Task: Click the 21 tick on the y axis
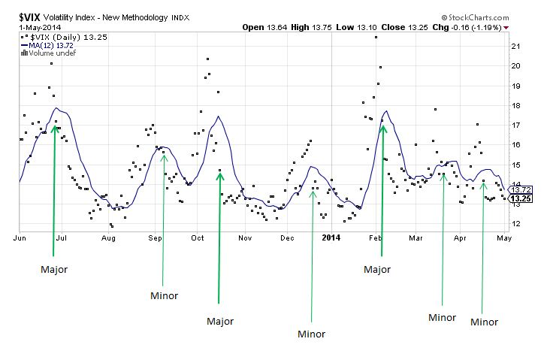pyautogui.click(x=516, y=46)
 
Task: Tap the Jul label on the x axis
pyautogui.click(x=62, y=238)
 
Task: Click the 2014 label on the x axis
pyautogui.click(x=331, y=238)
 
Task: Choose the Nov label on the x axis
pyautogui.click(x=244, y=238)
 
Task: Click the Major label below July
pyautogui.click(x=53, y=268)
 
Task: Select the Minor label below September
pyautogui.click(x=164, y=295)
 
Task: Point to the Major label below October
pyautogui.click(x=220, y=321)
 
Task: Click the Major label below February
pyautogui.click(x=378, y=268)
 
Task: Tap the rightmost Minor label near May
pyautogui.click(x=484, y=322)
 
